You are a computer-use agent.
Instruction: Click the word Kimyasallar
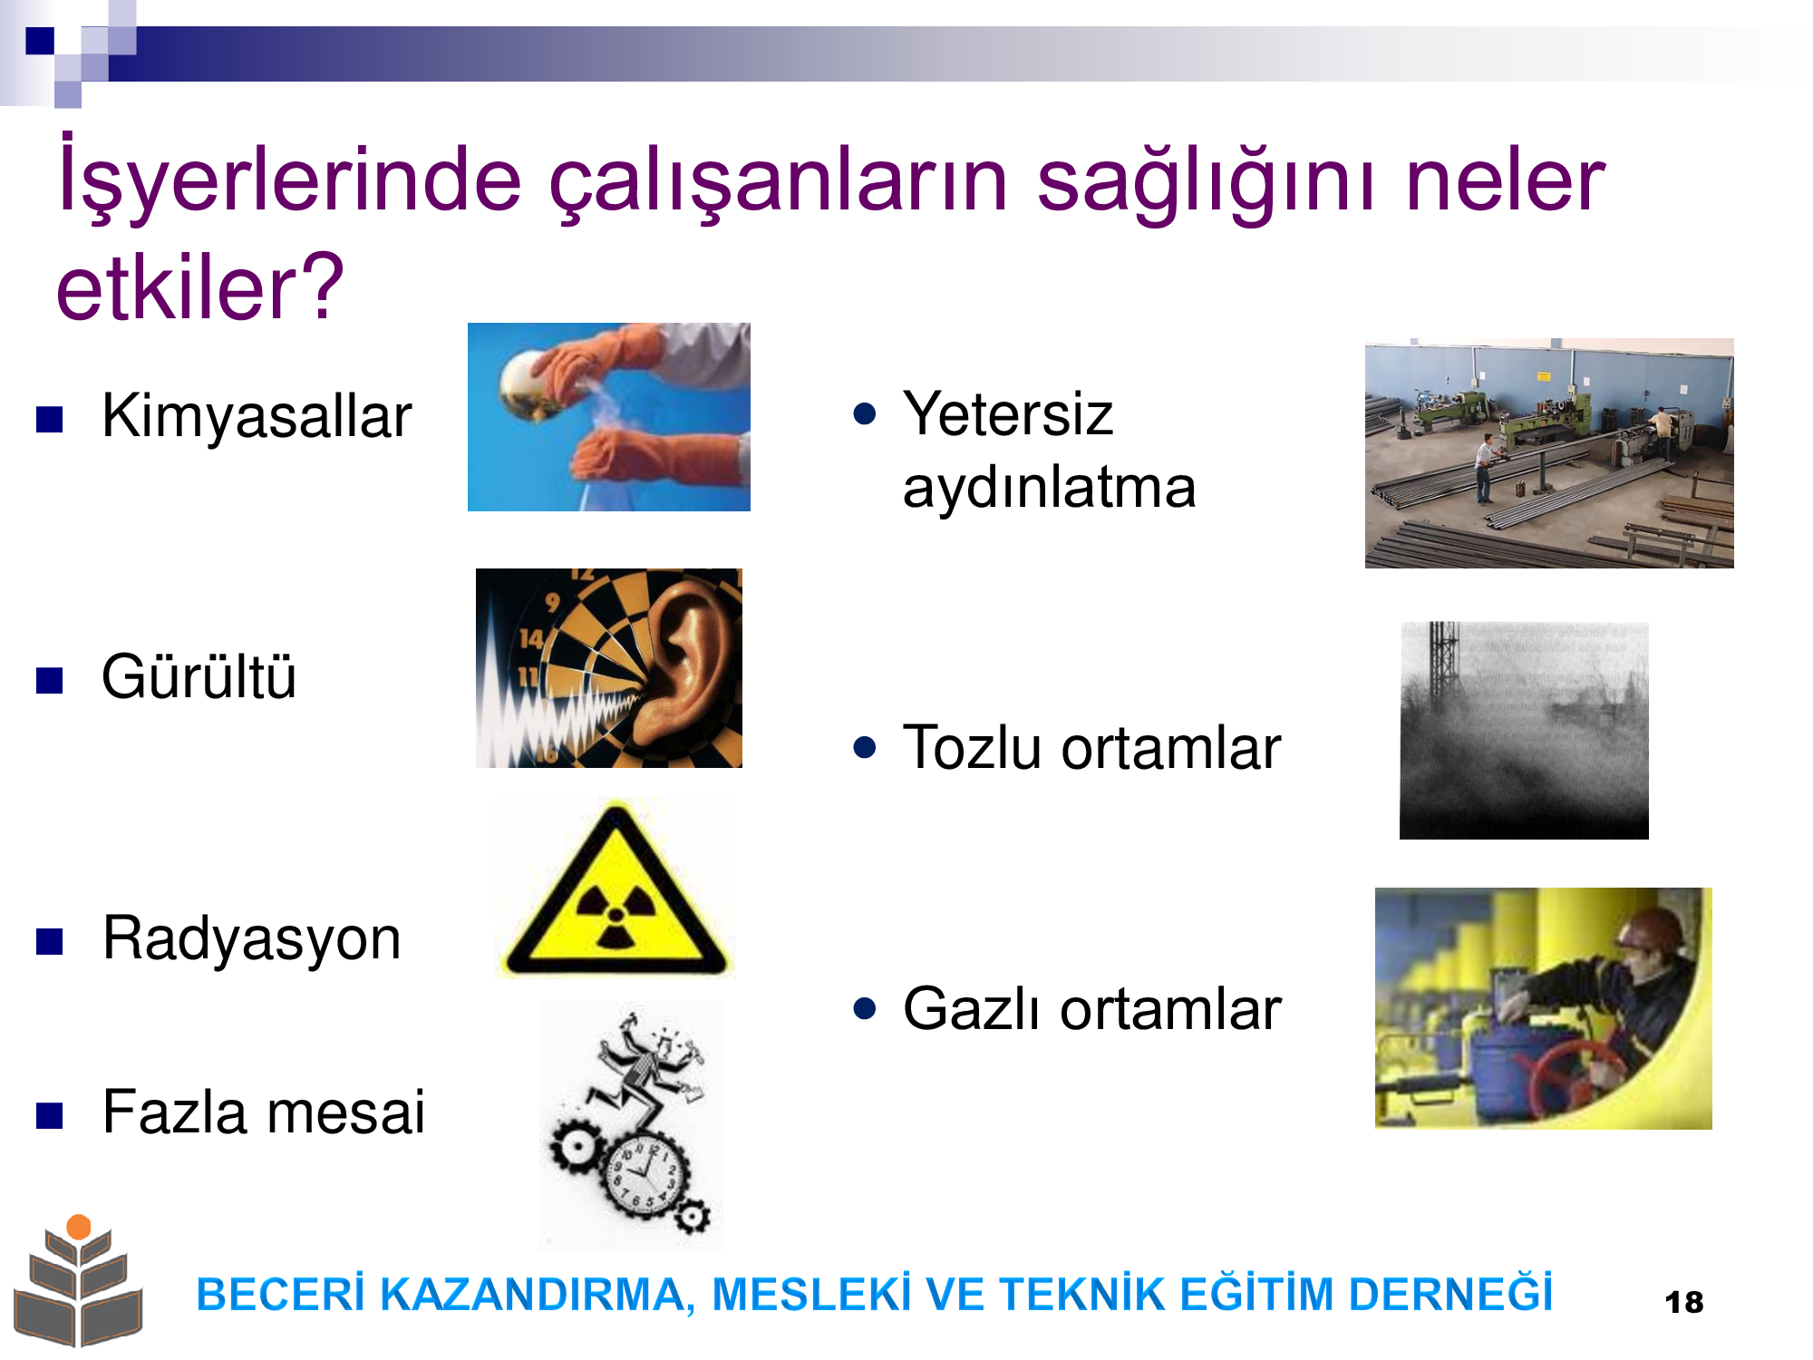(x=257, y=416)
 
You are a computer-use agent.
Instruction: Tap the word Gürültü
(x=199, y=676)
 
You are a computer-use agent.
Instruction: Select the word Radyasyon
(x=252, y=939)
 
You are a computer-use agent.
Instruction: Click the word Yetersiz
(x=1008, y=413)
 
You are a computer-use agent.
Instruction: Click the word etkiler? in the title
(x=200, y=287)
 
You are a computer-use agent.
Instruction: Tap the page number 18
(x=1684, y=1303)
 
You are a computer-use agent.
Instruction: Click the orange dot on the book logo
(x=79, y=1227)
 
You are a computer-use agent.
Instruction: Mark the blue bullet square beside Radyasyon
(x=49, y=941)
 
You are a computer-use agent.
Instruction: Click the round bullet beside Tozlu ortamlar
(x=865, y=748)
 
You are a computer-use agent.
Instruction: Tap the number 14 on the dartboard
(x=531, y=639)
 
